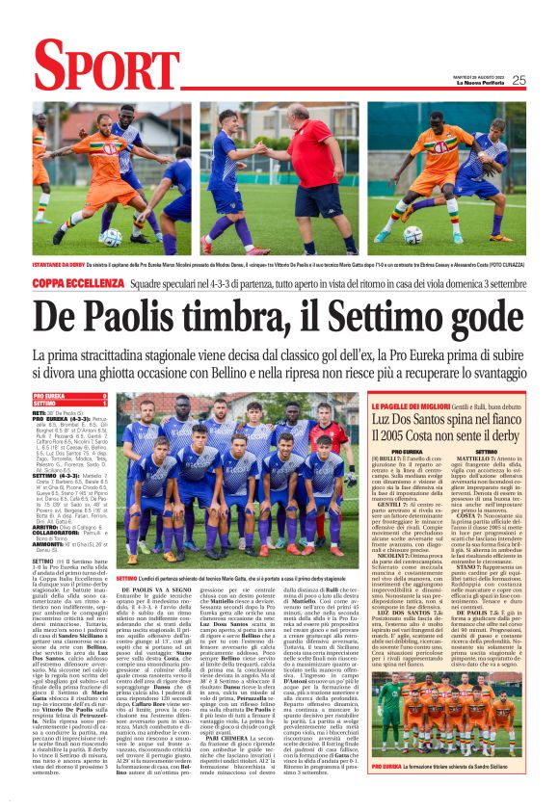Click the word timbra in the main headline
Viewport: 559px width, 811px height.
(x=207, y=315)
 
